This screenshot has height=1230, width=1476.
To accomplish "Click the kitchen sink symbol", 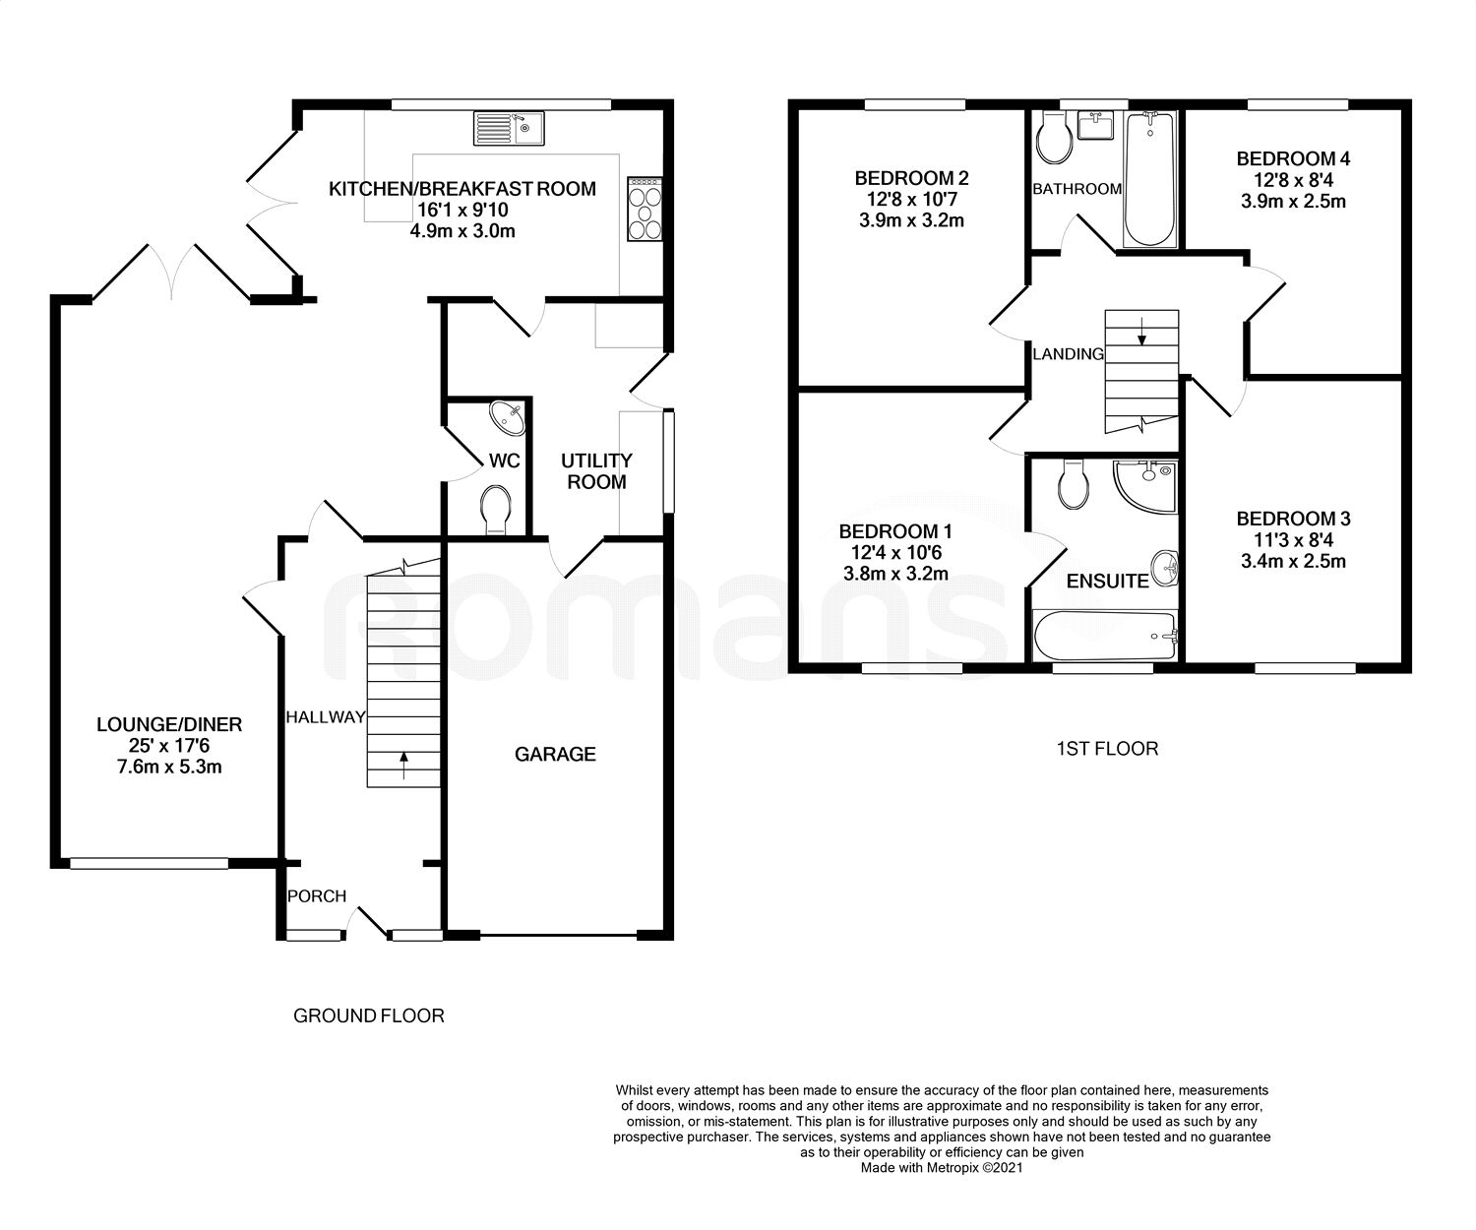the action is coord(509,128).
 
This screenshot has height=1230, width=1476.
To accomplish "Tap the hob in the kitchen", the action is coord(645,210).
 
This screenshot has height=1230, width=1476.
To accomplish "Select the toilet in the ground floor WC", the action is coord(496,509).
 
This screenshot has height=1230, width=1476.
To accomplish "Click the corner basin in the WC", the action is coord(509,418).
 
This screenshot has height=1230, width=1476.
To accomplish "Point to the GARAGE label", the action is coord(555,755).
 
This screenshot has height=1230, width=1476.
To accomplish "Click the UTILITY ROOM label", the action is coord(596,471).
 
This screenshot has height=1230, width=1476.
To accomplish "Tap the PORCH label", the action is coord(317,896).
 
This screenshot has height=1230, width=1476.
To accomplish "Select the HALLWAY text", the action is coord(325,717).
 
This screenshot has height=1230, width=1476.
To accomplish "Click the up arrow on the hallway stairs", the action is coord(403,765).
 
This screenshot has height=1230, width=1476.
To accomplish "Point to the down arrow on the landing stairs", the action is coord(1141,331).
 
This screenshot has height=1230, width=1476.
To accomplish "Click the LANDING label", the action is coord(1068,354).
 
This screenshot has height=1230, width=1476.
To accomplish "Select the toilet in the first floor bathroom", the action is coord(1054,139).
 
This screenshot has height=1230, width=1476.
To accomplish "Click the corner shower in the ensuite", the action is coord(1145,487).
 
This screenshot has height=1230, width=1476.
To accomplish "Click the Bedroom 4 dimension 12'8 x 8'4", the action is coord(1293,180).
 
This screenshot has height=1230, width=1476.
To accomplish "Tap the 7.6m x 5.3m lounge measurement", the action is coord(169,767).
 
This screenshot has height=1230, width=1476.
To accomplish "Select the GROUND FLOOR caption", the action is coord(369,1016).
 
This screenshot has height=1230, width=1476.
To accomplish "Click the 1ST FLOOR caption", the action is coord(1107,749).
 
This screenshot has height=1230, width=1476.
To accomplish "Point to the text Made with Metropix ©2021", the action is coord(942,1169).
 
